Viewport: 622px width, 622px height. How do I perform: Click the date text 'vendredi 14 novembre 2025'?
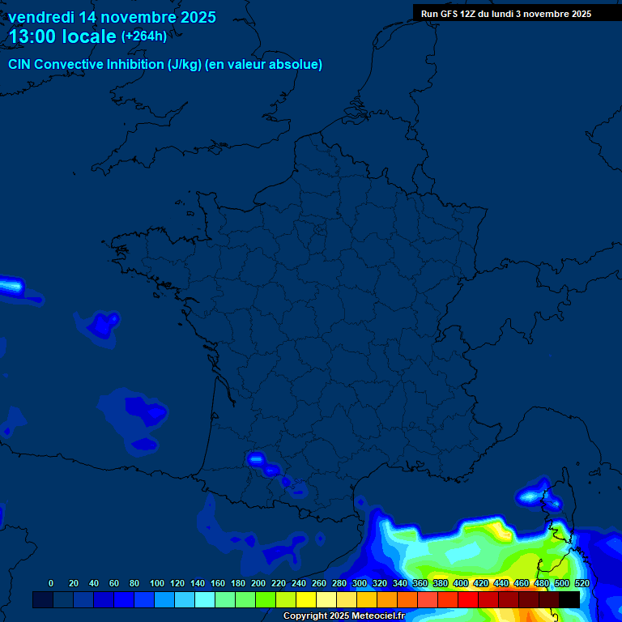point(112,17)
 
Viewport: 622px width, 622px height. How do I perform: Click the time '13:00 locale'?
point(62,36)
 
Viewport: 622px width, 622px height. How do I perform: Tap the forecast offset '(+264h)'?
point(144,36)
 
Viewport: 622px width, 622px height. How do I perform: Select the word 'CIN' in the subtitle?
point(21,65)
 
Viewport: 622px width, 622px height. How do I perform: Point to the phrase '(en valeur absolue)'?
point(266,65)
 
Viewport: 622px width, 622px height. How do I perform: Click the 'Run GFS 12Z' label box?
point(506,14)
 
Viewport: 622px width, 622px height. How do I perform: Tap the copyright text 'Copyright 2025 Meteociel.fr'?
point(343,616)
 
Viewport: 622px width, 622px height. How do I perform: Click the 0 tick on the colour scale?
point(51,583)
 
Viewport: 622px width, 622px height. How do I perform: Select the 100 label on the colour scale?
point(156,583)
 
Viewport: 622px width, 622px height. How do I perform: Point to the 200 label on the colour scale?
point(258,583)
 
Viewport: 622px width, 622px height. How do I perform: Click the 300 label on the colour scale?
point(360,583)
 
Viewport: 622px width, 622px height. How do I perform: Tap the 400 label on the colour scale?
point(461,583)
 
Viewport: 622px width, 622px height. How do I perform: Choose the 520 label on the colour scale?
point(582,583)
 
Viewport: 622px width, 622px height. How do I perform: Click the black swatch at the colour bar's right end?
point(569,599)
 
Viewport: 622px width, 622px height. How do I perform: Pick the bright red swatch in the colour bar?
point(468,599)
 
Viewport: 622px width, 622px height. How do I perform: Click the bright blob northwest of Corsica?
point(532,493)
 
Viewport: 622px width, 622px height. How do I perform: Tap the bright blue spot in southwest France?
point(257,459)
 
